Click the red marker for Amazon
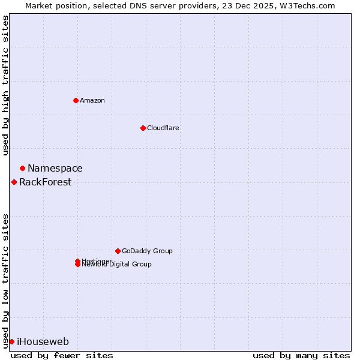pyautogui.click(x=76, y=100)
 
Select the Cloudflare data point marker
pyautogui.click(x=143, y=128)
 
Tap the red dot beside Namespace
pyautogui.click(x=22, y=169)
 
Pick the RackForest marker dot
pyautogui.click(x=14, y=182)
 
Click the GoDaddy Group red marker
pyautogui.click(x=118, y=251)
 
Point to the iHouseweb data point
pyautogui.click(x=11, y=341)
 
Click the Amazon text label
pyautogui.click(x=92, y=100)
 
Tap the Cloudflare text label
pyautogui.click(x=163, y=128)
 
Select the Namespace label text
pyautogui.click(x=55, y=169)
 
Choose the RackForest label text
pyautogui.click(x=45, y=182)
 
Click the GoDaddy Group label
pyautogui.click(x=147, y=251)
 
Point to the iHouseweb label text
pyautogui.click(x=43, y=342)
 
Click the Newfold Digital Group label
pyautogui.click(x=117, y=265)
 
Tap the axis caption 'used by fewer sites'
pyautogui.click(x=62, y=355)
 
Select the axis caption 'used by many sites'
pyautogui.click(x=301, y=355)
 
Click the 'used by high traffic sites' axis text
pyautogui.click(x=6, y=85)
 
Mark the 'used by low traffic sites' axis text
pyautogui.click(x=6, y=280)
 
